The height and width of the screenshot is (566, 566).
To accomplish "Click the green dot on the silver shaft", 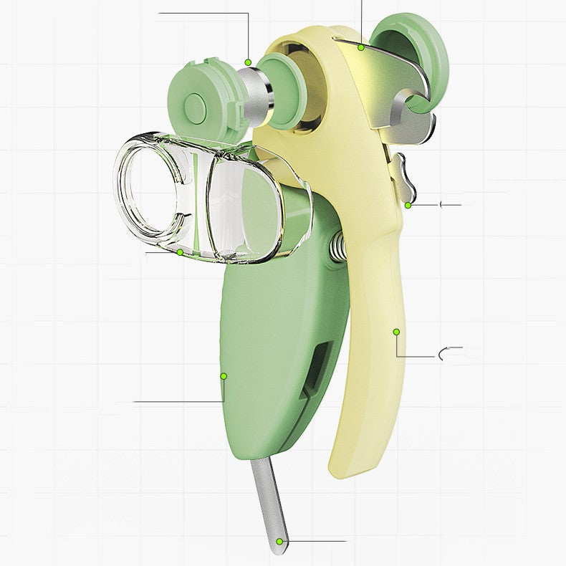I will click(248, 62).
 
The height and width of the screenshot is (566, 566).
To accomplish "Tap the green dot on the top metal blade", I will click(362, 47).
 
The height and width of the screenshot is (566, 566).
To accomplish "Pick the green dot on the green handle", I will click(224, 375).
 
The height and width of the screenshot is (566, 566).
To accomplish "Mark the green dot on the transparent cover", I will click(180, 251).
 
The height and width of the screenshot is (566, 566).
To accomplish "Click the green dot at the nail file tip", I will click(278, 541).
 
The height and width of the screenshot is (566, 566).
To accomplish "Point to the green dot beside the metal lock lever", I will click(408, 205).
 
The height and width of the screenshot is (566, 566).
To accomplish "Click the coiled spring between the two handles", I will click(337, 248).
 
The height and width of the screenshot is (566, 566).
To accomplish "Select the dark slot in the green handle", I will click(317, 365).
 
